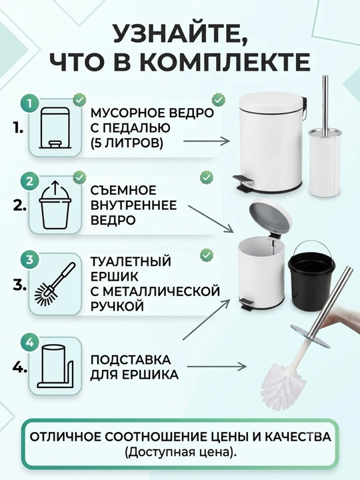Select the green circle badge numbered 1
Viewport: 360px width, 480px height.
[x=30, y=104]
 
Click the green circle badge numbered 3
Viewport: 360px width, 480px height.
[x=30, y=260]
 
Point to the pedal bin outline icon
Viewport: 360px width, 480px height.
[x=55, y=127]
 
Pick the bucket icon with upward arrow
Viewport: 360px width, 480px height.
[x=55, y=205]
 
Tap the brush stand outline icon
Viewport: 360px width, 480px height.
[x=56, y=367]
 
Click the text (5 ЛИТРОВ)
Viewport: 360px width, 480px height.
[x=127, y=143]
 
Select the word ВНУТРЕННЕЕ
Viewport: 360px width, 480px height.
[x=134, y=205]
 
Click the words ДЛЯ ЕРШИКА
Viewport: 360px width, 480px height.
[x=134, y=375]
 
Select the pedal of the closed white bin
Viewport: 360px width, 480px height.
[x=243, y=181]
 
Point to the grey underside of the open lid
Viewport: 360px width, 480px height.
[x=269, y=217]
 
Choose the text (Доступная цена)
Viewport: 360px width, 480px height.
[x=180, y=452]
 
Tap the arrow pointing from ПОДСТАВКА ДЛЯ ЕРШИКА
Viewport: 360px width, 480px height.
[x=217, y=366]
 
